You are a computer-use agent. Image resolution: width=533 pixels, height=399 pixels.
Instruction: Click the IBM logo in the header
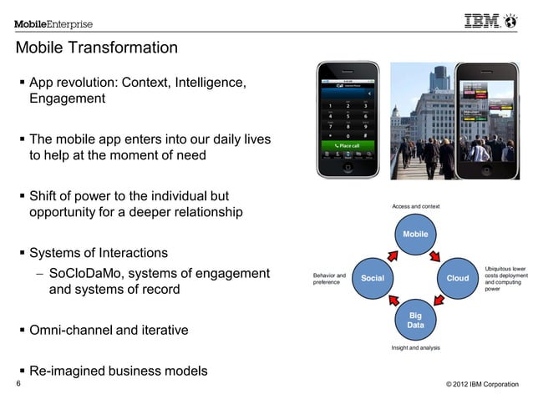coord(494,22)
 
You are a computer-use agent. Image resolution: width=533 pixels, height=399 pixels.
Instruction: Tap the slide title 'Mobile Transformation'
coord(97,48)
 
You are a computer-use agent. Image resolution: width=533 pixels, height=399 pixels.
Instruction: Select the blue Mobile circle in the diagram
coord(415,235)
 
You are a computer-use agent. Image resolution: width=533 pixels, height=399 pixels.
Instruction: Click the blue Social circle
coord(373,276)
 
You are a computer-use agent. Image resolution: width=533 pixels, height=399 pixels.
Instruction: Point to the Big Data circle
coord(415,320)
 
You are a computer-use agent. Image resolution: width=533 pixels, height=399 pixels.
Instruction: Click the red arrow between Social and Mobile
coord(387,247)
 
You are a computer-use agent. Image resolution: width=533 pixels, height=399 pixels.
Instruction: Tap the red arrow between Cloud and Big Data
coord(444,306)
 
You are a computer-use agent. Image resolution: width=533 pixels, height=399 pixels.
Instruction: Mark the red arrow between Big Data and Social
coord(387,306)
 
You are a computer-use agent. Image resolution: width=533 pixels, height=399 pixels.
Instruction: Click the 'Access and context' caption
coord(415,206)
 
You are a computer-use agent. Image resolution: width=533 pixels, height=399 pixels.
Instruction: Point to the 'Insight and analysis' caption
coord(415,347)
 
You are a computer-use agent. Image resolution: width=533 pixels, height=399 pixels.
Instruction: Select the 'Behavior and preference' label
coord(329,278)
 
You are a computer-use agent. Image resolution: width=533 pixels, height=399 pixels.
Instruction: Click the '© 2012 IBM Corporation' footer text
coord(482,384)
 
